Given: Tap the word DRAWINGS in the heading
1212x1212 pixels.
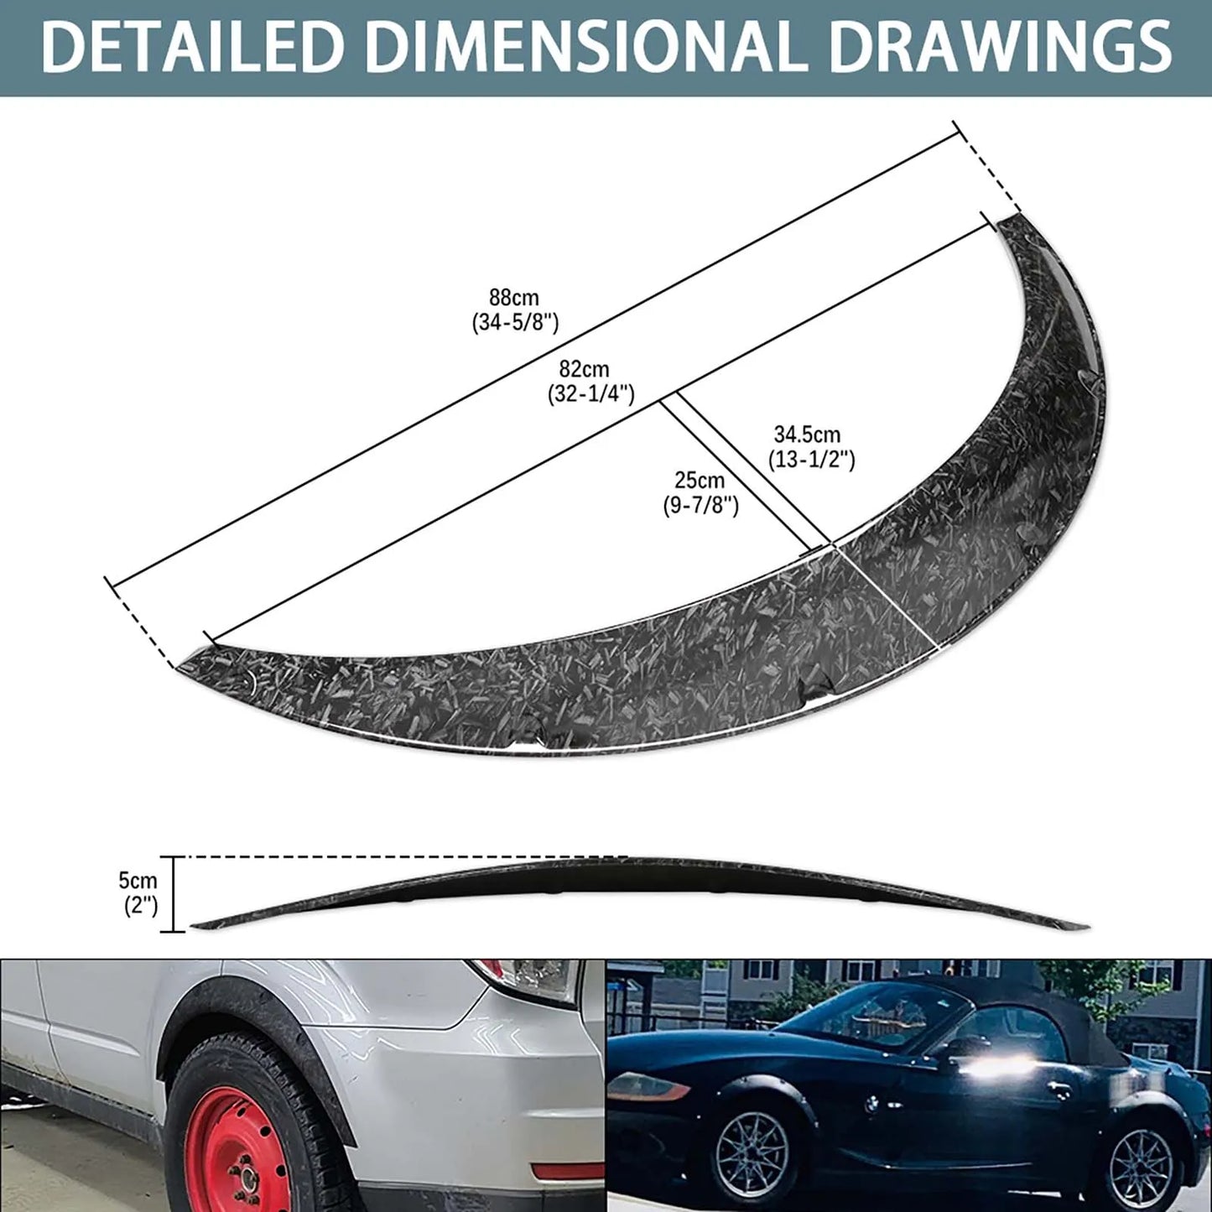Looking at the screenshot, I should point(999,47).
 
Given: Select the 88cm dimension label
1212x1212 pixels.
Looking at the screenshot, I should point(514,298).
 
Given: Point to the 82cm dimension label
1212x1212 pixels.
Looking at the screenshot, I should point(585,369).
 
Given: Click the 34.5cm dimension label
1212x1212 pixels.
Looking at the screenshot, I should point(807,434).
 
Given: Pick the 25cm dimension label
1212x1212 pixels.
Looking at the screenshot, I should point(700,481).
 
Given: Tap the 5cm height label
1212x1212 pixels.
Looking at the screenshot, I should point(138,881).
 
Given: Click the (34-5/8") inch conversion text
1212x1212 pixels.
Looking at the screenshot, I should point(515,322).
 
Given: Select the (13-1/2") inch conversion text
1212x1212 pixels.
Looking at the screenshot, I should point(811,460).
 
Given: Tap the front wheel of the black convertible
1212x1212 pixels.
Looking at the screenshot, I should point(753,1157).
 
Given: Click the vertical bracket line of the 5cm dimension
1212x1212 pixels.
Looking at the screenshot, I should point(174,894).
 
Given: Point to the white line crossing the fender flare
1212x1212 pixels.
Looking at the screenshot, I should point(885,596).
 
